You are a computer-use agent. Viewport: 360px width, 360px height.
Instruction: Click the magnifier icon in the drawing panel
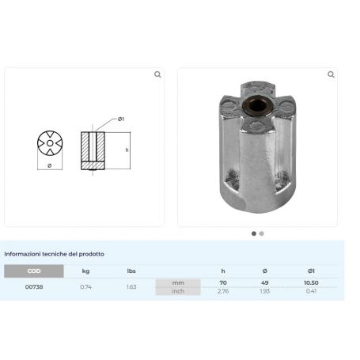tap(157, 74)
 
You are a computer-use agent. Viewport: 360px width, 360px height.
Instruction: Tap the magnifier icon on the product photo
tap(330, 74)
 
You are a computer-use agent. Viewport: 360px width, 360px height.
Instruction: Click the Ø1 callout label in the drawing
tap(121, 119)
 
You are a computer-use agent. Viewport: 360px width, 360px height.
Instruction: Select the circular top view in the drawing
tap(51, 143)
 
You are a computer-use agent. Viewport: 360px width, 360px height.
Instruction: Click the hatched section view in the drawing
tap(92, 150)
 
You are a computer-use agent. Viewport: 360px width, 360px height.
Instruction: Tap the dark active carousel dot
tap(254, 233)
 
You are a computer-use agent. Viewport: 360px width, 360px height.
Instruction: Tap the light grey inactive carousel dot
tap(262, 233)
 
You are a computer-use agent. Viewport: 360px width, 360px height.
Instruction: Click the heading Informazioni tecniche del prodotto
tap(54, 254)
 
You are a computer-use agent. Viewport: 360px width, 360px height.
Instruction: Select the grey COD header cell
tap(34, 271)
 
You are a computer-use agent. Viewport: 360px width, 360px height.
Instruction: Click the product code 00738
tap(34, 286)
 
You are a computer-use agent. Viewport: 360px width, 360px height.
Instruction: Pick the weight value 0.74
tap(85, 286)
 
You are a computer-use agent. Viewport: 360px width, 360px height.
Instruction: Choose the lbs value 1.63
tap(131, 286)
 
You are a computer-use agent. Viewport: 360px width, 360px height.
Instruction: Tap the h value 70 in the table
tap(223, 282)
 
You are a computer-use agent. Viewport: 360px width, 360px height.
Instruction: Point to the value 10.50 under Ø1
tap(310, 282)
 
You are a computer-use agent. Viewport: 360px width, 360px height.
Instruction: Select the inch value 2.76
tap(223, 291)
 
